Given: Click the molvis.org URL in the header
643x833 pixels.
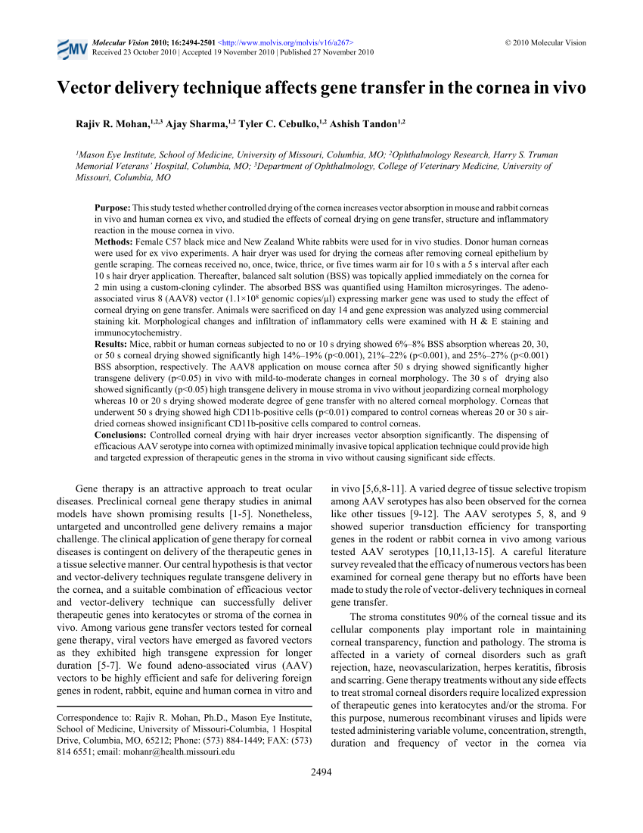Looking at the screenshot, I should tap(287, 43).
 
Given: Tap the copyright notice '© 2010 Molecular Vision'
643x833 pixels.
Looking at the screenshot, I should tap(545, 43).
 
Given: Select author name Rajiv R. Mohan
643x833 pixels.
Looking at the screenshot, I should tap(111, 123).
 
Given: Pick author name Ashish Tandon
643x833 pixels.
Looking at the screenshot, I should tap(363, 123).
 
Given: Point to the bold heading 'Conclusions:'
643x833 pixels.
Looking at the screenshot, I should tap(120, 435).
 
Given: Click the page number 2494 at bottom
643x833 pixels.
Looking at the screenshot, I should tap(321, 772).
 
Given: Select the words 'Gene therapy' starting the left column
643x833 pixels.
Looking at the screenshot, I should tap(102, 489).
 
